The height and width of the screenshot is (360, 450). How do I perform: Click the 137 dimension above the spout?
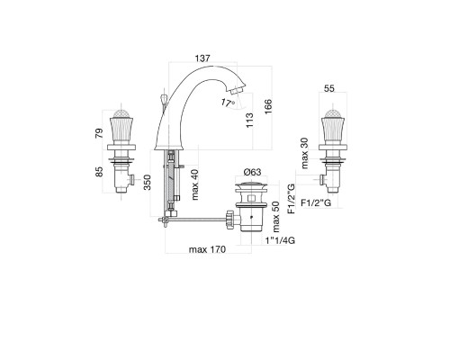[x=202, y=58]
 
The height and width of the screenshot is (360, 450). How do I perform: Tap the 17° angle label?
[x=228, y=103]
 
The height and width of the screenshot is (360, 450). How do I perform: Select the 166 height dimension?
[x=268, y=106]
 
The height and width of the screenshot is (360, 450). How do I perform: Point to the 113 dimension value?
[x=249, y=120]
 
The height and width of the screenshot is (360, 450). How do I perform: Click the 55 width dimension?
[x=329, y=88]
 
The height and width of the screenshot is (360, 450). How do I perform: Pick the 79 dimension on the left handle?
[x=99, y=132]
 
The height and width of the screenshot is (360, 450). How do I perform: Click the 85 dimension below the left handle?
[x=99, y=172]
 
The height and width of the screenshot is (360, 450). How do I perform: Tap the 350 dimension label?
[x=148, y=182]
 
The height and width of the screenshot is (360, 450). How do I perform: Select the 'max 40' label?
[x=194, y=184]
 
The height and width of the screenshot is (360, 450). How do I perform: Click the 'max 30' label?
[x=304, y=153]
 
